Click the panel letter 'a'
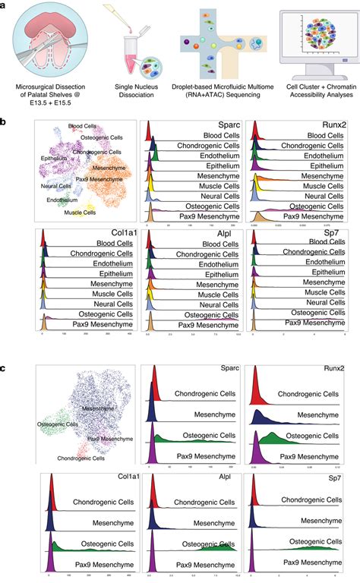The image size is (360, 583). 5,5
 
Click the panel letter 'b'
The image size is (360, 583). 5,121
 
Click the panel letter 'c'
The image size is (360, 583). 5,368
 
